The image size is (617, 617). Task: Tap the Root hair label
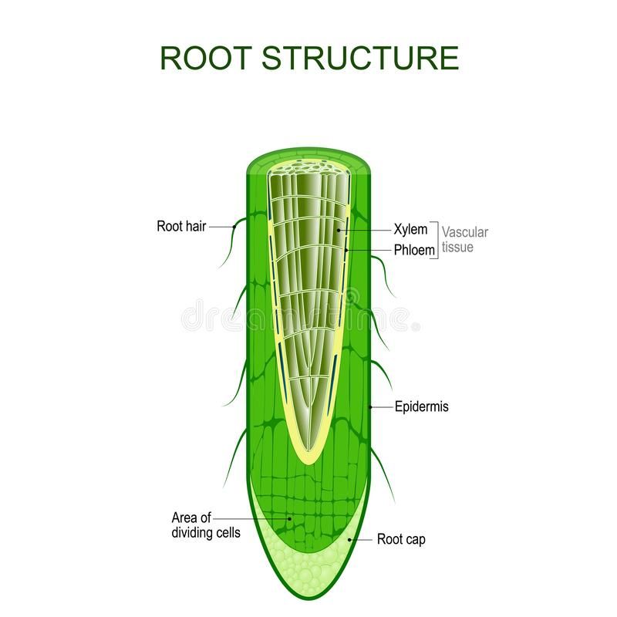[181, 227]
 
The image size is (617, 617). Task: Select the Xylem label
[410, 230]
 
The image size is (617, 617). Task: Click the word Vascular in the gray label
[466, 231]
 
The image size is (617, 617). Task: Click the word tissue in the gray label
[457, 248]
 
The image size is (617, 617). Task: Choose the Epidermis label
[421, 406]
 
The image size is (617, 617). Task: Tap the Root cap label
[400, 540]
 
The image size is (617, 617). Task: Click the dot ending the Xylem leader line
[339, 230]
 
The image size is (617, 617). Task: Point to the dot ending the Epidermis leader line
[370, 406]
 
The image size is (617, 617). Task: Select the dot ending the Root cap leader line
[349, 540]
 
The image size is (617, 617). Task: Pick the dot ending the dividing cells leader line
[290, 519]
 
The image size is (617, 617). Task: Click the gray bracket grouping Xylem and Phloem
[437, 239]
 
